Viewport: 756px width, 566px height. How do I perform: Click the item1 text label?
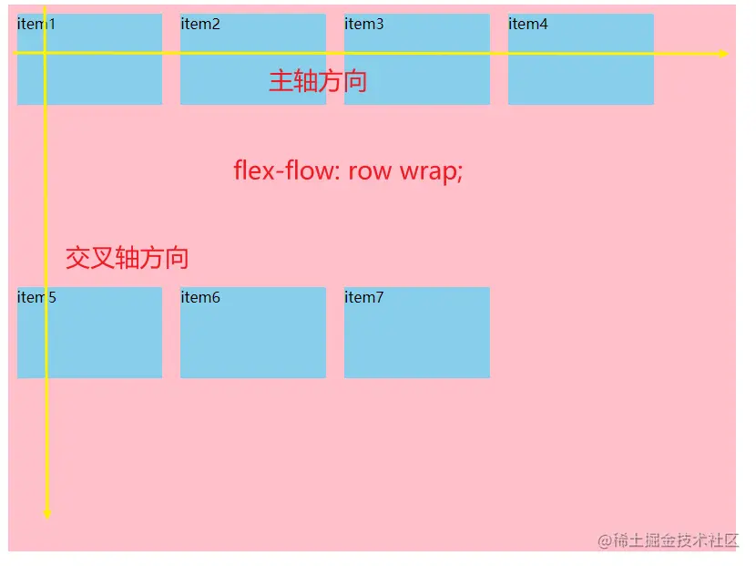pyautogui.click(x=36, y=25)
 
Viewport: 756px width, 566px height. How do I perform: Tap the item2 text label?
pyautogui.click(x=200, y=25)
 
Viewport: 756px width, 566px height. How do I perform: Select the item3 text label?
pyautogui.click(x=364, y=25)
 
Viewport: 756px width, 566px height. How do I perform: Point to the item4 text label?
pyautogui.click(x=528, y=25)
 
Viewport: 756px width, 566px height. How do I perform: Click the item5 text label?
pyautogui.click(x=36, y=298)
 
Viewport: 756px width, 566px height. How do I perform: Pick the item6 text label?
pyautogui.click(x=200, y=298)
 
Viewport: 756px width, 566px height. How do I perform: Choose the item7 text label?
pyautogui.click(x=364, y=298)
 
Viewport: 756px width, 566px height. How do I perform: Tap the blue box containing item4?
pyautogui.click(x=581, y=77)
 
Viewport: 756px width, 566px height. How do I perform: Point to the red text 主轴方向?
pyautogui.click(x=318, y=81)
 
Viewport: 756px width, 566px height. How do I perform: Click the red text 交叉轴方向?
pyautogui.click(x=128, y=258)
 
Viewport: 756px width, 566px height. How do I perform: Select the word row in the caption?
pyautogui.click(x=369, y=171)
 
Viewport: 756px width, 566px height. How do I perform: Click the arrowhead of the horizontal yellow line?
pyautogui.click(x=721, y=54)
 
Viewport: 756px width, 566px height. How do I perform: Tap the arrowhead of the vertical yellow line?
pyautogui.click(x=46, y=514)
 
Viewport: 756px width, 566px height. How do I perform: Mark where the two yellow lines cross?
pyautogui.click(x=45, y=53)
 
